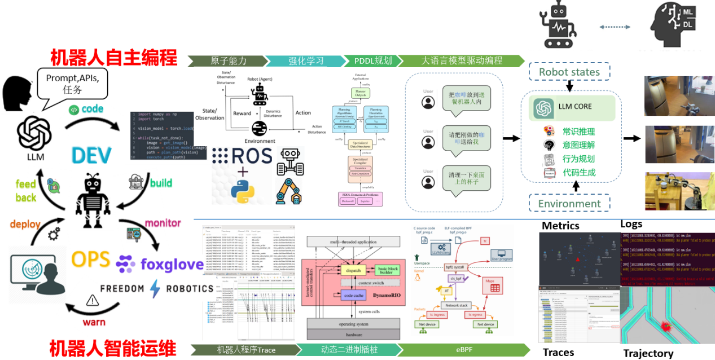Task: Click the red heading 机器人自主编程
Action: point(113,58)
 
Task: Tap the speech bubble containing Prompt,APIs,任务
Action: point(72,83)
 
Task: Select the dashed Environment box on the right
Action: point(569,204)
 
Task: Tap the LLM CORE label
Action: point(574,106)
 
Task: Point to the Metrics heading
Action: point(560,226)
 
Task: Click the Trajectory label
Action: point(648,353)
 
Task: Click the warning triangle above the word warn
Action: point(92,300)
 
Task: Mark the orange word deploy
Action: point(25,225)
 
